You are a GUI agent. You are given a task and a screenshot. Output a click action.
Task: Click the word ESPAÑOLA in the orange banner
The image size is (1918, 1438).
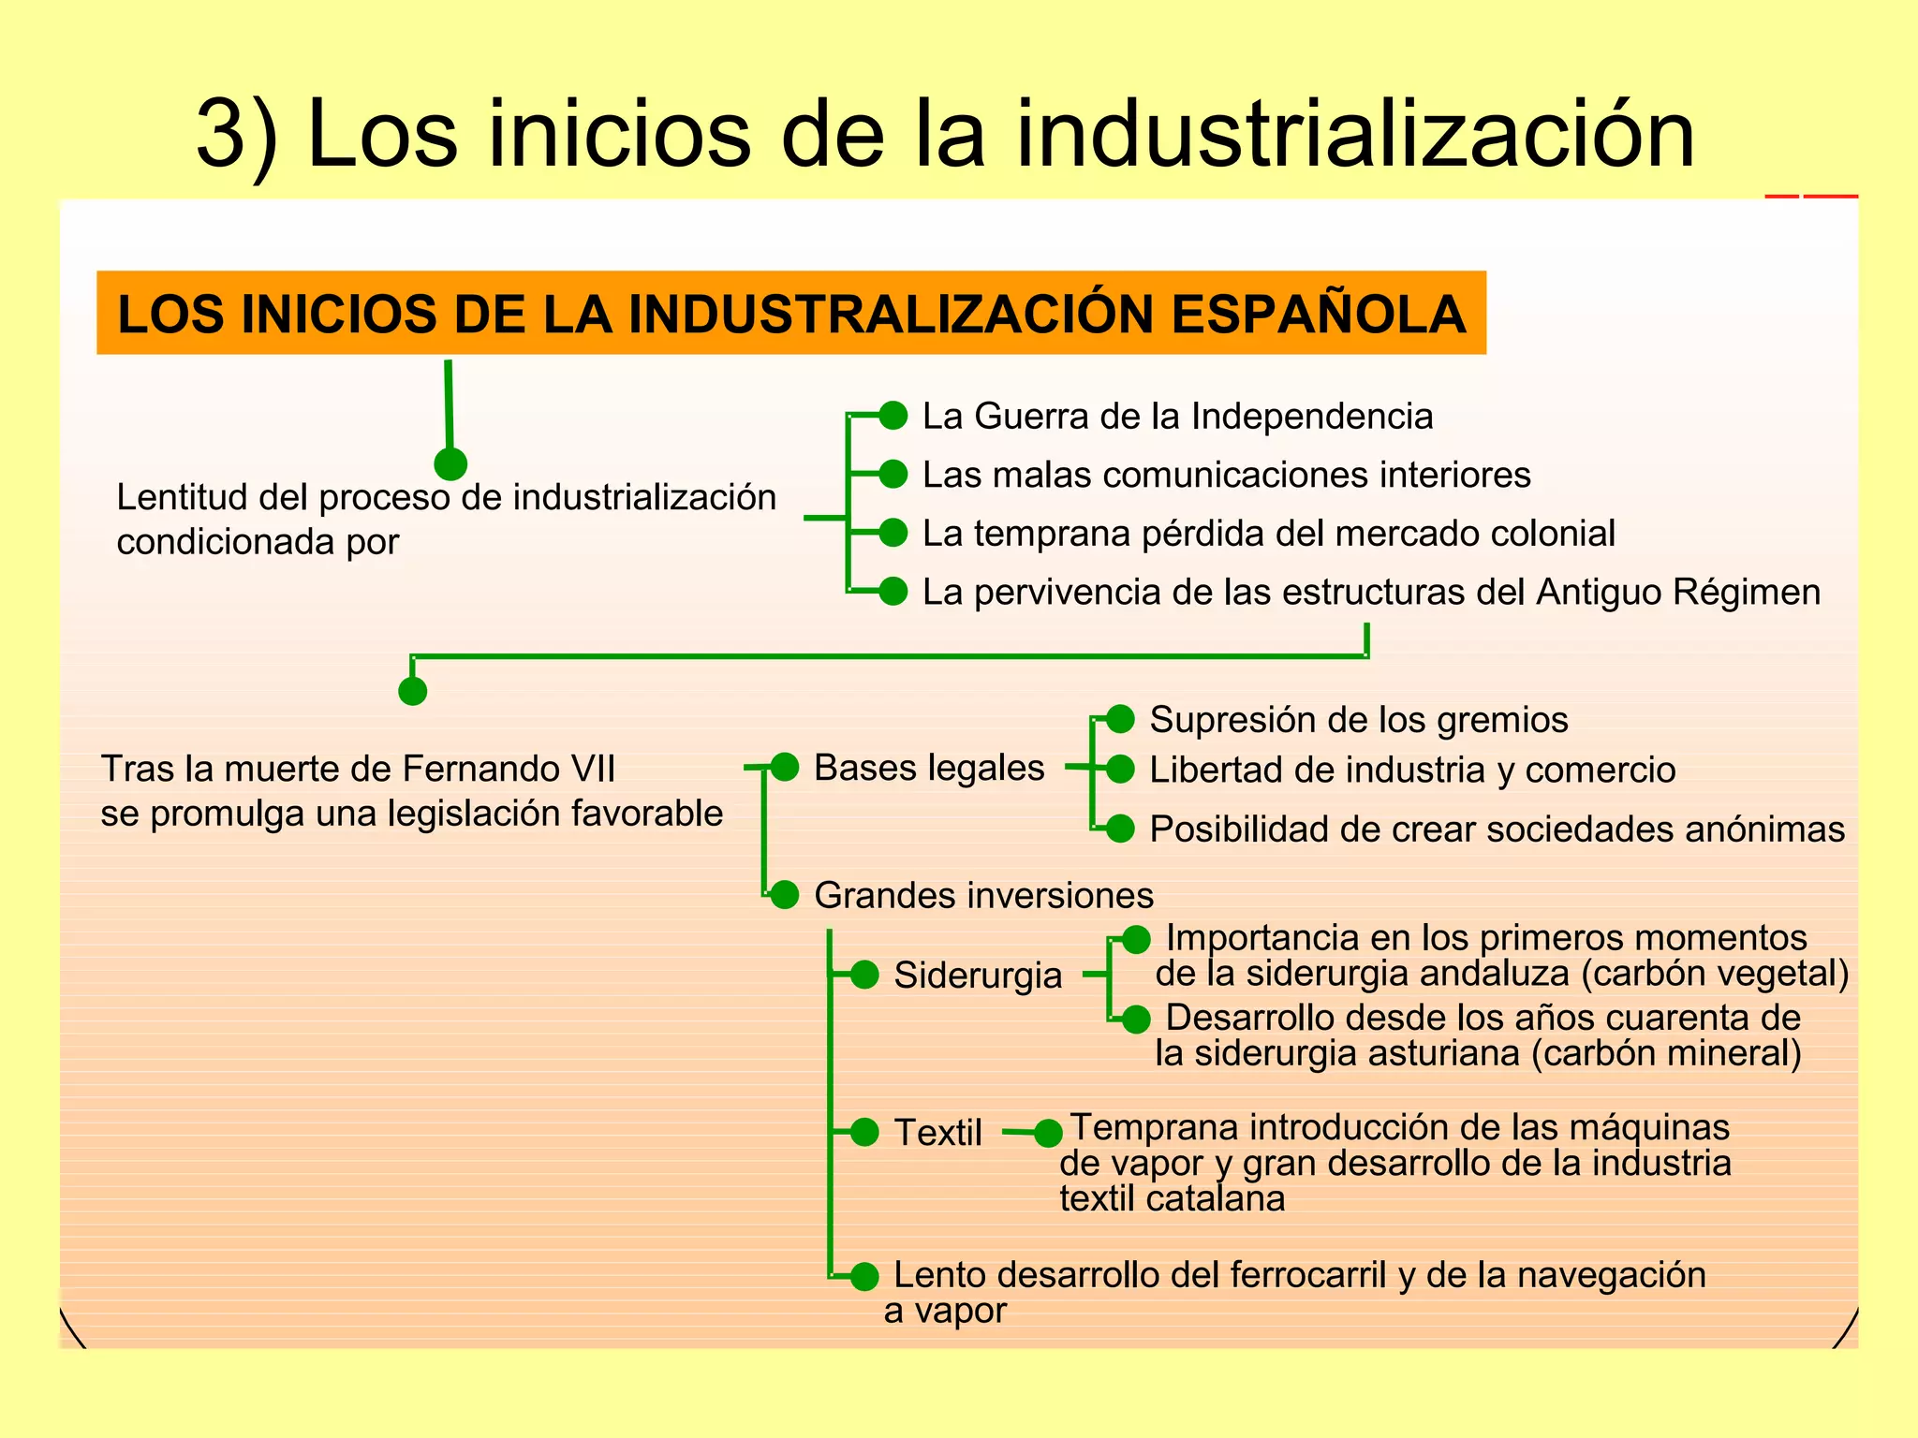coord(1318,315)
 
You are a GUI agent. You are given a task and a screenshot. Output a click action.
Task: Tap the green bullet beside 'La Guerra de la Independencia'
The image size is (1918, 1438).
coord(893,415)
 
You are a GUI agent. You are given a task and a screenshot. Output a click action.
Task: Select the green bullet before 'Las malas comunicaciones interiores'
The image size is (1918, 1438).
coord(893,474)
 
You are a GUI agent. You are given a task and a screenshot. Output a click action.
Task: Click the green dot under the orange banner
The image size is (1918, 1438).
coord(450,463)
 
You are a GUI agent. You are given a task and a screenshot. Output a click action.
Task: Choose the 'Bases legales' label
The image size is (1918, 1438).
coord(929,768)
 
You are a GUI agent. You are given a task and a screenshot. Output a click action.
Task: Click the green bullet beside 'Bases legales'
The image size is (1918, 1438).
coord(784,767)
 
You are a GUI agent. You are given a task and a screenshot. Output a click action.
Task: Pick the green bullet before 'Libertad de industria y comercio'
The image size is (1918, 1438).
coord(1120,770)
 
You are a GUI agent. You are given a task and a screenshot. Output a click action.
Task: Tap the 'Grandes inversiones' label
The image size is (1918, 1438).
coord(983,896)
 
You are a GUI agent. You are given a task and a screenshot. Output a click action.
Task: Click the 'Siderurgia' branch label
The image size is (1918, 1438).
coord(978,976)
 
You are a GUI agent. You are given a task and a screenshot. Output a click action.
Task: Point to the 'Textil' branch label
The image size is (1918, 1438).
coord(937,1133)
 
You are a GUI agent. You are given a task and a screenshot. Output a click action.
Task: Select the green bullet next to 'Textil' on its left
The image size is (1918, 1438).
coord(864,1132)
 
